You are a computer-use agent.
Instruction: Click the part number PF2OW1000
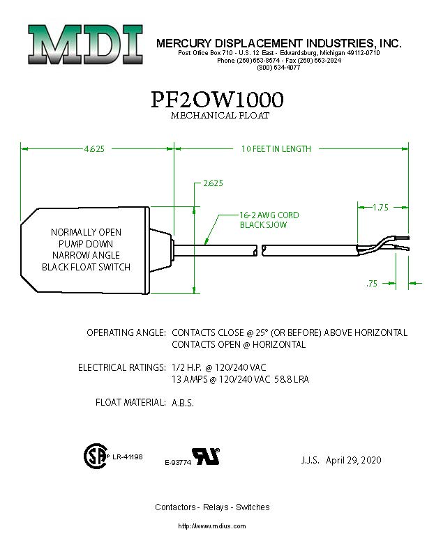pyautogui.click(x=217, y=100)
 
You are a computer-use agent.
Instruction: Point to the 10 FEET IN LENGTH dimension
pyautogui.click(x=276, y=149)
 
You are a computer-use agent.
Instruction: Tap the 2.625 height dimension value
pyautogui.click(x=213, y=184)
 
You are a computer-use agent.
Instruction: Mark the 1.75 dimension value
pyautogui.click(x=380, y=208)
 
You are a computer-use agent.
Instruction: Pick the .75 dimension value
pyautogui.click(x=373, y=284)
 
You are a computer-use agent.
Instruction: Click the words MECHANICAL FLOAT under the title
pyautogui.click(x=220, y=116)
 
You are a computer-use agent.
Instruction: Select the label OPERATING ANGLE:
pyautogui.click(x=126, y=332)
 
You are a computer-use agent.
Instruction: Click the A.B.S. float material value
pyautogui.click(x=183, y=403)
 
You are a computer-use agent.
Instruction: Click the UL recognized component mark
pyautogui.click(x=207, y=457)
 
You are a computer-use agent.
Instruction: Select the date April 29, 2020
pyautogui.click(x=354, y=461)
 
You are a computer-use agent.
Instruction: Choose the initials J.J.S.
pyautogui.click(x=310, y=461)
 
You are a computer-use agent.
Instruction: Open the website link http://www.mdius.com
pyautogui.click(x=212, y=526)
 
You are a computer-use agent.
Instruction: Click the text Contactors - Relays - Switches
pyautogui.click(x=212, y=507)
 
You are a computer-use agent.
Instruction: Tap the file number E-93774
pyautogui.click(x=178, y=463)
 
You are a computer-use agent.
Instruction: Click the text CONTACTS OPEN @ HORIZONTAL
pyautogui.click(x=239, y=345)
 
